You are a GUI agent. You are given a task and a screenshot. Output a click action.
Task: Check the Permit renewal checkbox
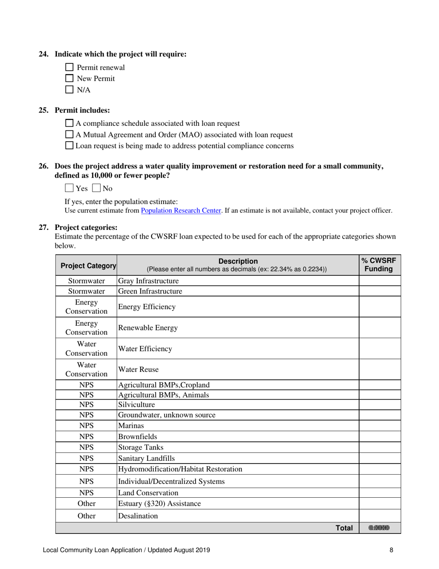(70, 68)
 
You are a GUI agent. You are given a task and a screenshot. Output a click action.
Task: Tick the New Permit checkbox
(70, 79)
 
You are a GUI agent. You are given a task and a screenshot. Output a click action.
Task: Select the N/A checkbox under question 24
(70, 90)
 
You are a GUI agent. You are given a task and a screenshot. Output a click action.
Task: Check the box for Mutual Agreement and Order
(69, 135)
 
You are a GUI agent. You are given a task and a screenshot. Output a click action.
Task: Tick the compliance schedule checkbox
(69, 124)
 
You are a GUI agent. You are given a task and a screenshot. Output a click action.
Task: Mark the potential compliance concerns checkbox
(69, 146)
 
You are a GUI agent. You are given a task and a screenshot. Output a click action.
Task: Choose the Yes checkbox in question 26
(69, 188)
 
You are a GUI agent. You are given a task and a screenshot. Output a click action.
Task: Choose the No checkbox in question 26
(97, 188)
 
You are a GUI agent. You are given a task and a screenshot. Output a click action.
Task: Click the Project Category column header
(86, 266)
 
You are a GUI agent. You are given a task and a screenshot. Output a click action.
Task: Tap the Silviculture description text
(137, 404)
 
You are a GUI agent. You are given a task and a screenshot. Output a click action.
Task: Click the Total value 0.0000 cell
(379, 528)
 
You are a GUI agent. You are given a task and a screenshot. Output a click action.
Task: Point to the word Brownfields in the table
(138, 436)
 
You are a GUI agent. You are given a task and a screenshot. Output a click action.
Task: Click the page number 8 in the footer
(391, 550)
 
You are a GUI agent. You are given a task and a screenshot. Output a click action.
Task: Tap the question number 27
(43, 228)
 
